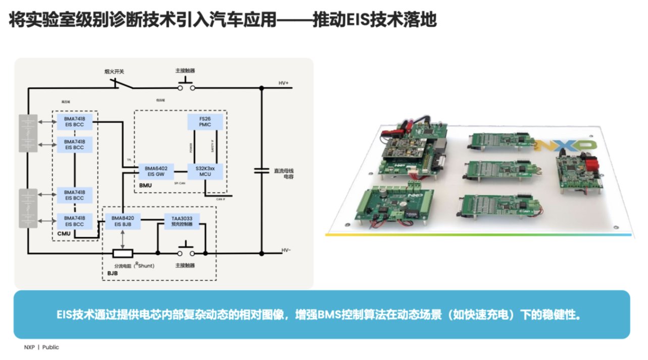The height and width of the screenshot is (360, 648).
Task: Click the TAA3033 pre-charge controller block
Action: point(182,221)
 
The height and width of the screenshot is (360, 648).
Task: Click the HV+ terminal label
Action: point(283,83)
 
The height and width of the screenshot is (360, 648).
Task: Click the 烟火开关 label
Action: point(113,71)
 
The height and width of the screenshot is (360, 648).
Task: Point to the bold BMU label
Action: point(146,185)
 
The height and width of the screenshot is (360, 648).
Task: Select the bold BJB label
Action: point(113,273)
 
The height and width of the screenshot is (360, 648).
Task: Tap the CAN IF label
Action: point(221,199)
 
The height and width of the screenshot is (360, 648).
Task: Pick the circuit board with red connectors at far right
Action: point(579,172)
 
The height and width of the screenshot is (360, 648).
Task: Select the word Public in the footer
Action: point(51,347)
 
